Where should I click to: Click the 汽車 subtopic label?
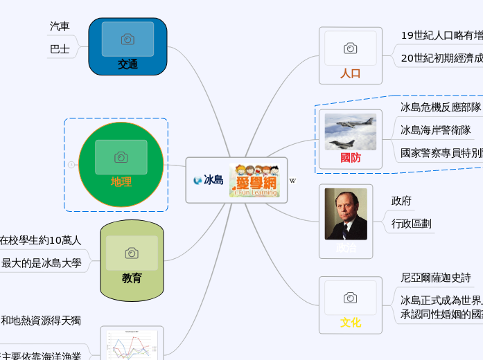point(60,26)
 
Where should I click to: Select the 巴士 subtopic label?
point(60,49)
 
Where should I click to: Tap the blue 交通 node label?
point(128,64)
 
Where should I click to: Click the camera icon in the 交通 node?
point(128,39)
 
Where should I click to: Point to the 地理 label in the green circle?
point(121,182)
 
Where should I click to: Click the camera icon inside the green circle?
point(121,157)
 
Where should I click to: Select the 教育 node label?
point(132,278)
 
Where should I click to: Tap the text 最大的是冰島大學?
point(42,263)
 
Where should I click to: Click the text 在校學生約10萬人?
point(40,240)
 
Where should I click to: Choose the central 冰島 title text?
point(213,180)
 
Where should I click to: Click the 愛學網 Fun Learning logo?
point(256,180)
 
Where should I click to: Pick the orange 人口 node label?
point(351,73)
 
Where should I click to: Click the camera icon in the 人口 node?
point(351,48)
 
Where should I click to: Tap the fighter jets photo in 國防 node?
point(351,132)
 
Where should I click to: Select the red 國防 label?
point(351,158)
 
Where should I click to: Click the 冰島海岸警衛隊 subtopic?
point(436,129)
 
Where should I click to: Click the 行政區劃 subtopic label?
point(411,224)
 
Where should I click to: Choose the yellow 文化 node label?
point(351,323)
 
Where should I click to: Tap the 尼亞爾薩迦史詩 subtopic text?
point(436,278)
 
